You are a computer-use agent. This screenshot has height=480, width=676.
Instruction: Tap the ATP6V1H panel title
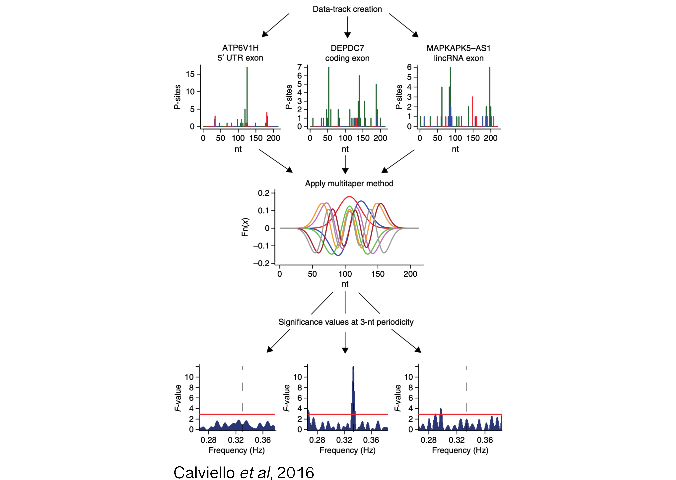[x=240, y=53]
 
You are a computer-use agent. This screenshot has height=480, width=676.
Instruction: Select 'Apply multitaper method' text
[x=349, y=184]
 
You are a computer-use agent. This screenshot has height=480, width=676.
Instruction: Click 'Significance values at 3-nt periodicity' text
[x=346, y=322]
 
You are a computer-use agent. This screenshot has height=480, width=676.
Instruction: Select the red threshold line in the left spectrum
[x=237, y=414]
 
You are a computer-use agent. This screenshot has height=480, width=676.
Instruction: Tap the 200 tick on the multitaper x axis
[x=410, y=274]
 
